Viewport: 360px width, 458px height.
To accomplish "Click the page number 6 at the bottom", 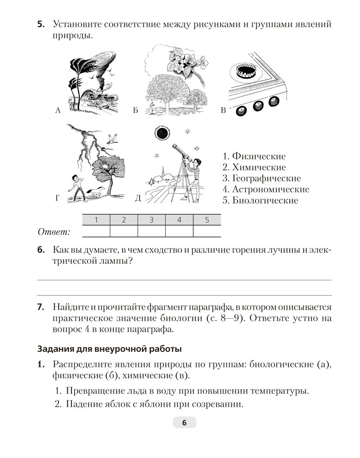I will coord(184,423).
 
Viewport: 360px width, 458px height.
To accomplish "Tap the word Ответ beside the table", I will coord(54,232).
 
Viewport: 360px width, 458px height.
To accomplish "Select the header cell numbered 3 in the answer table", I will coord(152,220).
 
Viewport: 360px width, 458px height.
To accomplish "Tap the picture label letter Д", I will coord(138,198).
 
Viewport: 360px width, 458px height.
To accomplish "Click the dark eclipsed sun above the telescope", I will coord(162,133).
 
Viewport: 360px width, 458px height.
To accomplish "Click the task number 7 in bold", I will coord(40,306).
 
